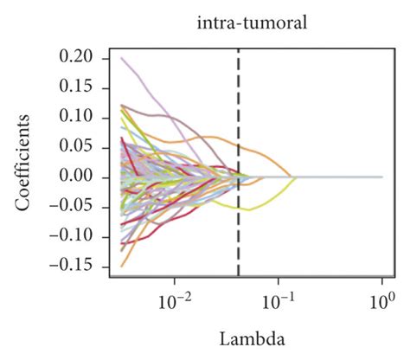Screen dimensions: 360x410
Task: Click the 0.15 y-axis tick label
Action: click(x=76, y=87)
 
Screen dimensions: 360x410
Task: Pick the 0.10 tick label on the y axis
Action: click(x=76, y=117)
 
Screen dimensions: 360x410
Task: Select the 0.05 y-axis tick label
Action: click(x=76, y=147)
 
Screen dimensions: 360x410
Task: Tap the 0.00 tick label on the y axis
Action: click(x=76, y=177)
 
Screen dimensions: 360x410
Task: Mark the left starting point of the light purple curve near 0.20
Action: click(x=121, y=58)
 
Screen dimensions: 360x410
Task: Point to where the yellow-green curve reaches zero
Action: click(x=297, y=177)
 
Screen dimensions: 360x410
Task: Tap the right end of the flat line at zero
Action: click(x=381, y=177)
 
